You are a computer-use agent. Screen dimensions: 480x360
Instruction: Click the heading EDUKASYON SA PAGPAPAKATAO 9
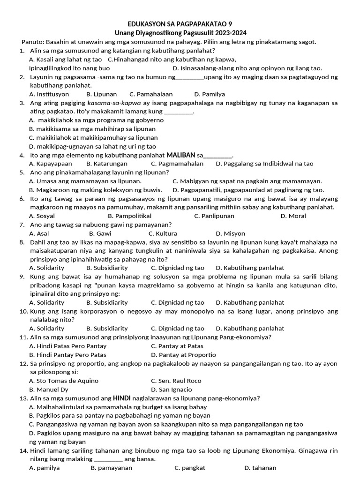180,24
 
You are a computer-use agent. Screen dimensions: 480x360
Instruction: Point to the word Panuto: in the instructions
32,42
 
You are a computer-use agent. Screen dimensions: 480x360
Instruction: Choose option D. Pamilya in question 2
210,94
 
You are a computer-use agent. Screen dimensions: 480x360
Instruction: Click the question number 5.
22,172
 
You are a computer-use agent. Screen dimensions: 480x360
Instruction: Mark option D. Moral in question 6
293,216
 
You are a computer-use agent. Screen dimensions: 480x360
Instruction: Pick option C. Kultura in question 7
163,233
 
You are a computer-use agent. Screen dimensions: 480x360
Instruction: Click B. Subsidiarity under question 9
107,302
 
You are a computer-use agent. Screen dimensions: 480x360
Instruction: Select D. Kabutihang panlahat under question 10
250,329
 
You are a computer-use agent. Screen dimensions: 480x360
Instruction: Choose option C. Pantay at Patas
177,346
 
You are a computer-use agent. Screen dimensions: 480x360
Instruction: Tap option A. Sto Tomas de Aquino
59,381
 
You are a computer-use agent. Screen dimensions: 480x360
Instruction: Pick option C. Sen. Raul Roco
176,381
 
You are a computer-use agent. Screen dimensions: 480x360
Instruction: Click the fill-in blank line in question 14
108,459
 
